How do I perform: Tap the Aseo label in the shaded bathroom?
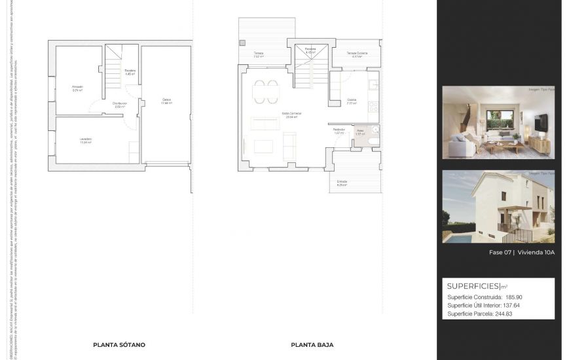[x=360, y=131]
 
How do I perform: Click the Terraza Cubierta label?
[x=357, y=53]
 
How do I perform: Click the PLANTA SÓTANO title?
[x=119, y=344]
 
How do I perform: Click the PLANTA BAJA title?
[x=312, y=344]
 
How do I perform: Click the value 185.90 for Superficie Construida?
[x=513, y=297]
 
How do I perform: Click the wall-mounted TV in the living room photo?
[x=540, y=122]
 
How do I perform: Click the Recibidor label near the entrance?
[x=339, y=129]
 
